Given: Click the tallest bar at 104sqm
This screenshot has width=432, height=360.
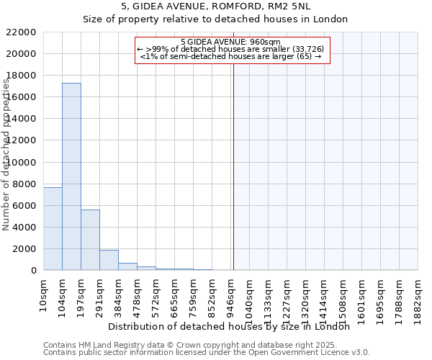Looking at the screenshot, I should pyautogui.click(x=71, y=176).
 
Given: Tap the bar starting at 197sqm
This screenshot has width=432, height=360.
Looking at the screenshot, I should pyautogui.click(x=90, y=240).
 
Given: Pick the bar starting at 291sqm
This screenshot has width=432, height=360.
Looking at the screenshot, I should pyautogui.click(x=109, y=260).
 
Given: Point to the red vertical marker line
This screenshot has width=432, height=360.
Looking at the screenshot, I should pyautogui.click(x=233, y=166).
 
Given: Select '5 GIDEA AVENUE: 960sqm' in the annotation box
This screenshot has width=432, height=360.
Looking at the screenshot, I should pyautogui.click(x=230, y=42).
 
